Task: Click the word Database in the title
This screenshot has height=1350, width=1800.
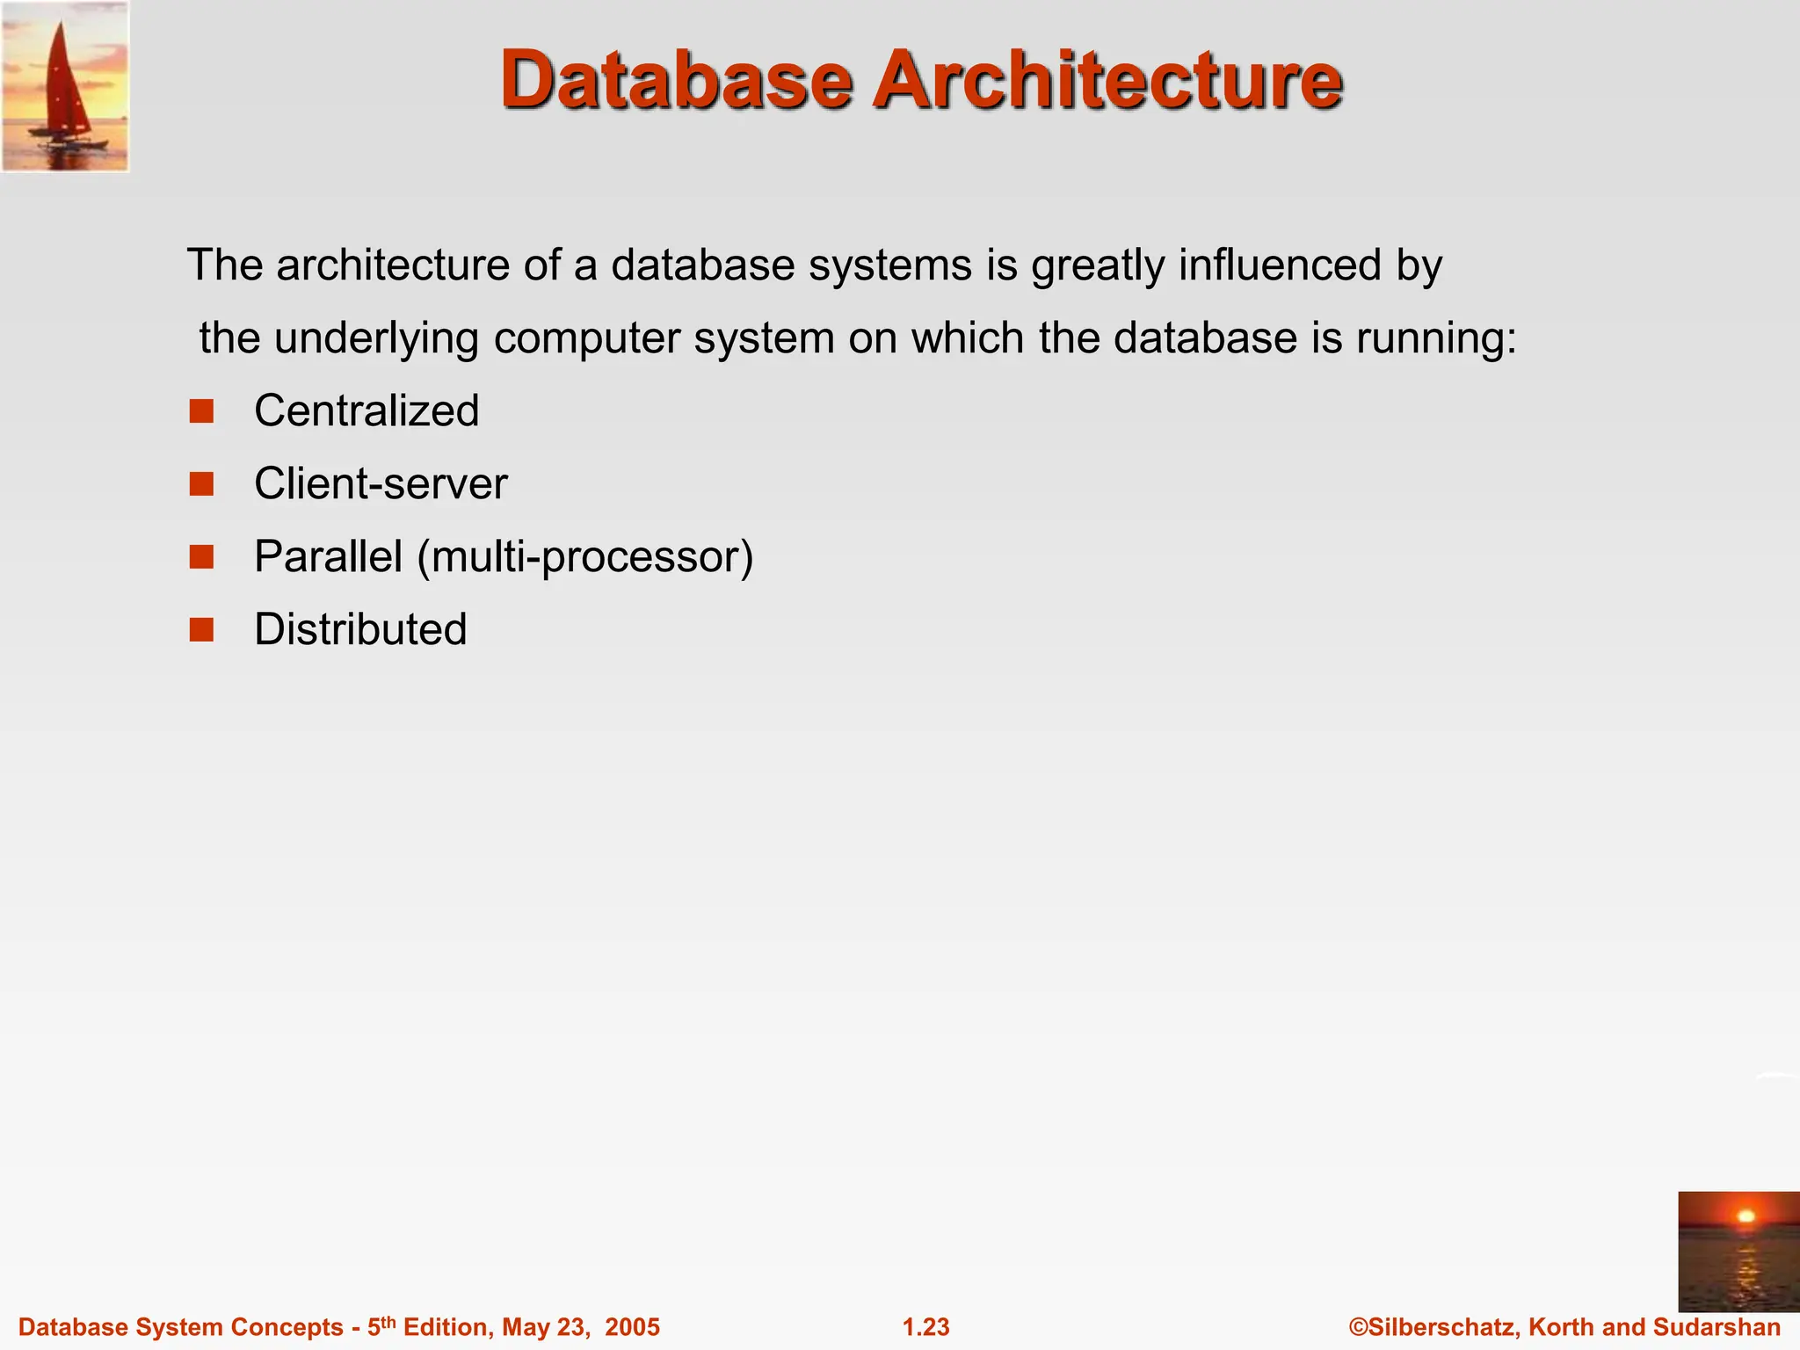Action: (677, 81)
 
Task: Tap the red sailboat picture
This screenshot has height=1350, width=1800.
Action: (65, 86)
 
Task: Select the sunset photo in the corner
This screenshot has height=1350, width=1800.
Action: (1738, 1251)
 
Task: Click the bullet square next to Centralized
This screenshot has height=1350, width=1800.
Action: (201, 411)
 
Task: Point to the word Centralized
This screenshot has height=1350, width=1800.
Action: (367, 411)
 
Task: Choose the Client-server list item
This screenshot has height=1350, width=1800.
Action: (381, 484)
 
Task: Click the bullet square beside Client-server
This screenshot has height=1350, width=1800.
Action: (201, 484)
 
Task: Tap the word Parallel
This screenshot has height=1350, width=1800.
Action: (328, 557)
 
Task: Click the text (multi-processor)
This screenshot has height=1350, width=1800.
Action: (585, 557)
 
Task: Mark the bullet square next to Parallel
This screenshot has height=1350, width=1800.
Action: (201, 557)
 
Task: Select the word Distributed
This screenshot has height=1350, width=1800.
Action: (360, 630)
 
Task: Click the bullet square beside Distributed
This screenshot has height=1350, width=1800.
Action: (201, 630)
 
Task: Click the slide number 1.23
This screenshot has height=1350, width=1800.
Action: (926, 1327)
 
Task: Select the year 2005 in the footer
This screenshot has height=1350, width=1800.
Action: (631, 1327)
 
